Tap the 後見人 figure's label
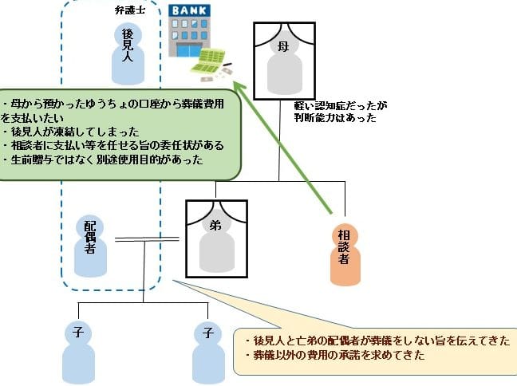click(128, 43)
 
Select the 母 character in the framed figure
click(282, 47)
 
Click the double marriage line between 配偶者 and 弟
click(150, 238)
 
